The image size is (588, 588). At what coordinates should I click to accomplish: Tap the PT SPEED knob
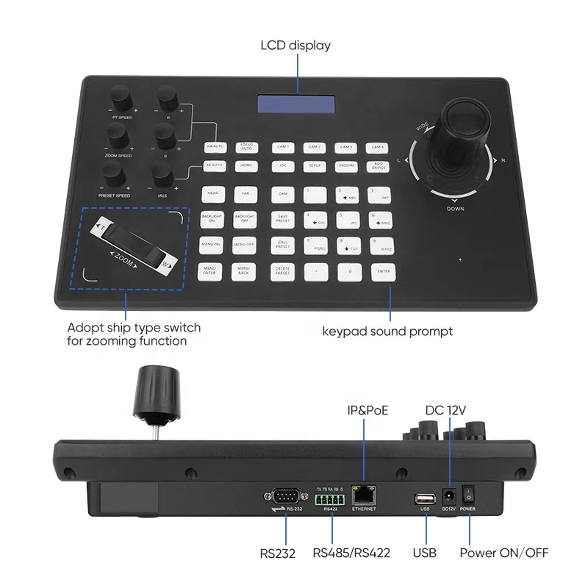click(x=121, y=97)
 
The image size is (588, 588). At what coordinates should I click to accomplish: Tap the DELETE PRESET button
click(x=282, y=271)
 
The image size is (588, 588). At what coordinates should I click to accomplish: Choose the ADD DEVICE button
click(x=379, y=166)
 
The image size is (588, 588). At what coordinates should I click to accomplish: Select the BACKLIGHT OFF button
click(x=244, y=218)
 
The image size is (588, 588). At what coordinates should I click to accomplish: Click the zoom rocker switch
click(x=132, y=248)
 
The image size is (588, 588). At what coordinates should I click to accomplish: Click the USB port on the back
click(x=424, y=498)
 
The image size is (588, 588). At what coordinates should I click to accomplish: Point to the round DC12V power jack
click(x=447, y=495)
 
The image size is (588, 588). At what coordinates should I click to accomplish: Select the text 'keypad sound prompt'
click(x=387, y=331)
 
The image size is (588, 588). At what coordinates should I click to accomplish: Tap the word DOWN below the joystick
click(x=455, y=209)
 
